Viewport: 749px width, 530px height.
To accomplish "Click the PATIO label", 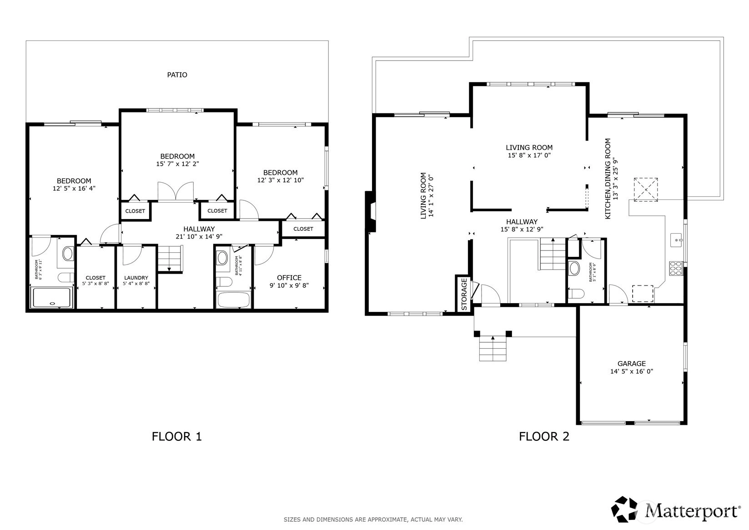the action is coord(177,75).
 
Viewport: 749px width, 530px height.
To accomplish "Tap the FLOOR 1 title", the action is coord(176,436).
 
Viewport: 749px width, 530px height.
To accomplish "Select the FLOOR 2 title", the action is coord(544,436).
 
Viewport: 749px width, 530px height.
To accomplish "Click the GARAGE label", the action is coord(631,363).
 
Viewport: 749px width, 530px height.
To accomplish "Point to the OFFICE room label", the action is coord(289,278).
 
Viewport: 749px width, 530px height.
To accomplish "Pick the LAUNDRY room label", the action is coord(136,278).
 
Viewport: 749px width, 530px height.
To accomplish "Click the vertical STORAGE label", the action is coord(464,294).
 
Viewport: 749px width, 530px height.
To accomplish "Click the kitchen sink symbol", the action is coord(676,240).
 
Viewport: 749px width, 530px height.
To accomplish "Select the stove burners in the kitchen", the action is coord(676,268).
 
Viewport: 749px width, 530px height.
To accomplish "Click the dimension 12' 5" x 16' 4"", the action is coord(74,188).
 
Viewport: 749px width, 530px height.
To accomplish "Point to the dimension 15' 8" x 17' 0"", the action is coord(529,155).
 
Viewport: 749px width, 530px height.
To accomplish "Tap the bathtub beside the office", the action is coord(233,300).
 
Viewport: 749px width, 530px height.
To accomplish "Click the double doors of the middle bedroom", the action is coord(176,192).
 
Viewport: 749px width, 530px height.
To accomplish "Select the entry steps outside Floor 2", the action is coord(493,348).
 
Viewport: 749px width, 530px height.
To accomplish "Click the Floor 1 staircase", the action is coord(170,259).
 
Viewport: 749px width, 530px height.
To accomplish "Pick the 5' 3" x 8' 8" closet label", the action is coord(96,280).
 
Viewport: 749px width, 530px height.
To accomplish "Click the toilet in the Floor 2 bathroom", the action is coord(576,294).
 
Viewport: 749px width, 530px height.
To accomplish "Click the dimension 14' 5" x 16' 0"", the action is coord(631,371).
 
